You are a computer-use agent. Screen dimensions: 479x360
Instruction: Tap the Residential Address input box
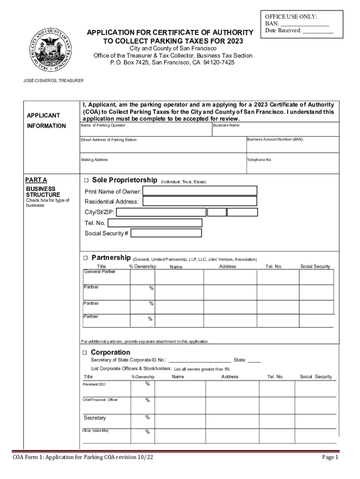[x=200, y=202]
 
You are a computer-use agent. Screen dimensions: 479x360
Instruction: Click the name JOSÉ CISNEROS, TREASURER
[x=54, y=81]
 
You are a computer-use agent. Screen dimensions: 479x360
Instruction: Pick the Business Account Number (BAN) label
[x=276, y=140]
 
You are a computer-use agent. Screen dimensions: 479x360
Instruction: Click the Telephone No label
[x=259, y=160]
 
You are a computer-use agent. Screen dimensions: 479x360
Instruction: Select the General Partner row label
[x=100, y=271]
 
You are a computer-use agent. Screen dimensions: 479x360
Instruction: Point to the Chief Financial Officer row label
[x=100, y=400]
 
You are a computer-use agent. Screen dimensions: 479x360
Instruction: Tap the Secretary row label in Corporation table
[x=95, y=418]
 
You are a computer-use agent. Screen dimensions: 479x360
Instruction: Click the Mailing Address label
[x=94, y=160]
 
